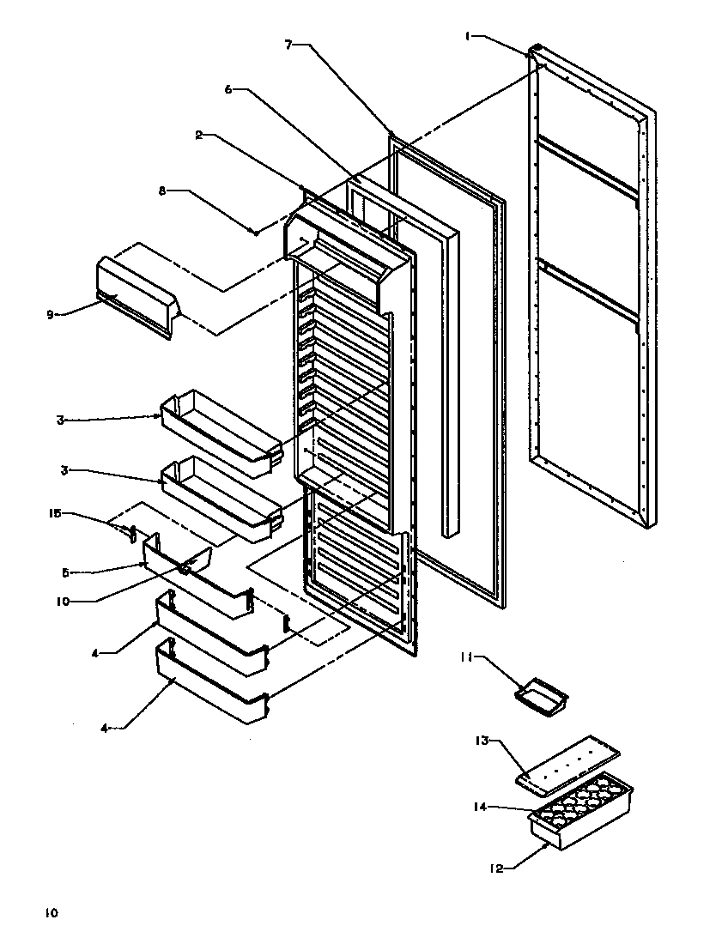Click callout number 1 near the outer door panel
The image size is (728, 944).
[x=468, y=36]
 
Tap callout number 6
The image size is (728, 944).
[x=228, y=88]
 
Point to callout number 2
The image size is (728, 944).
[x=198, y=136]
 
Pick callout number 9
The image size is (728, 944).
[x=51, y=315]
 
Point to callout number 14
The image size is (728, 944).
[x=480, y=807]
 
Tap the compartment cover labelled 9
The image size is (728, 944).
[x=137, y=293]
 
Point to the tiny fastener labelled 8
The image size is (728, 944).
[x=255, y=231]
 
